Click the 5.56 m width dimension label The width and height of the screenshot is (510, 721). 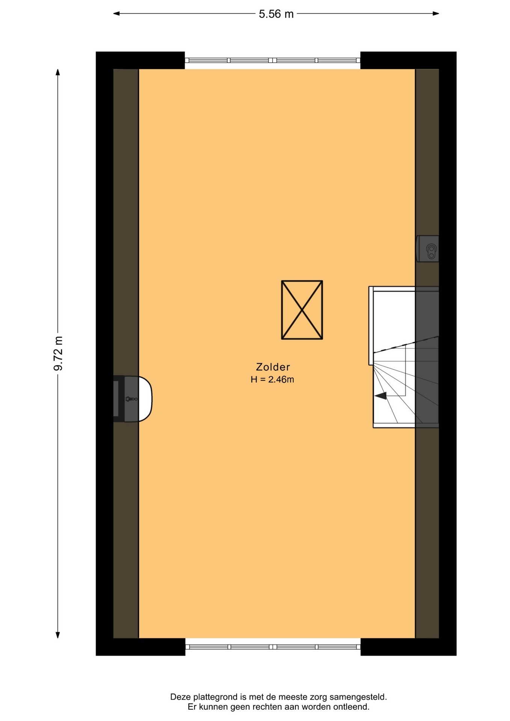pyautogui.click(x=276, y=14)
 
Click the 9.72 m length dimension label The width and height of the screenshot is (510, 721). pyautogui.click(x=58, y=353)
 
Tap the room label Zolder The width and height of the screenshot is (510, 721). pyautogui.click(x=273, y=367)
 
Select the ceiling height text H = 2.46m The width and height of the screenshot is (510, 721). pyautogui.click(x=272, y=379)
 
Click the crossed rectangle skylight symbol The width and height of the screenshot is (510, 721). pyautogui.click(x=302, y=310)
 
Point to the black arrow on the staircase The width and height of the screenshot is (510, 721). pyautogui.click(x=380, y=396)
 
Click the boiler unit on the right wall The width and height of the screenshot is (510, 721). pyautogui.click(x=427, y=249)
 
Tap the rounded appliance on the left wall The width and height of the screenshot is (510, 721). pyautogui.click(x=133, y=399)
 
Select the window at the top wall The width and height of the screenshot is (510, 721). pyautogui.click(x=273, y=60)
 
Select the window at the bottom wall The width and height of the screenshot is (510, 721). pyautogui.click(x=273, y=647)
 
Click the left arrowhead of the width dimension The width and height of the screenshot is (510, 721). pyautogui.click(x=117, y=14)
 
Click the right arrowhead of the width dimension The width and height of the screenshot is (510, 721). pyautogui.click(x=436, y=14)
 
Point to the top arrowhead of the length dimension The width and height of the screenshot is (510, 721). pyautogui.click(x=58, y=72)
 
